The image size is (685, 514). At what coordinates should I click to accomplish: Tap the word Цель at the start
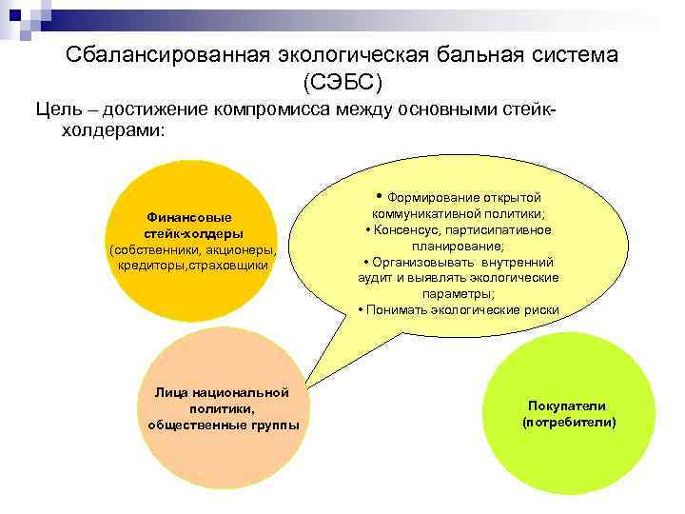[x=55, y=109]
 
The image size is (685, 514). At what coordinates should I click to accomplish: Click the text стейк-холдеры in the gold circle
[x=194, y=232]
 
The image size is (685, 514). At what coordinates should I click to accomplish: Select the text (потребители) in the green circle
[x=569, y=421]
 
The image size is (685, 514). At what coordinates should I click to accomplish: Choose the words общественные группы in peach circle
[x=223, y=424]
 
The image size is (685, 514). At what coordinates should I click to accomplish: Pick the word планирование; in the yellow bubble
[x=457, y=246]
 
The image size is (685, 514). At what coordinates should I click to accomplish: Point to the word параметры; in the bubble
[x=457, y=294]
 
